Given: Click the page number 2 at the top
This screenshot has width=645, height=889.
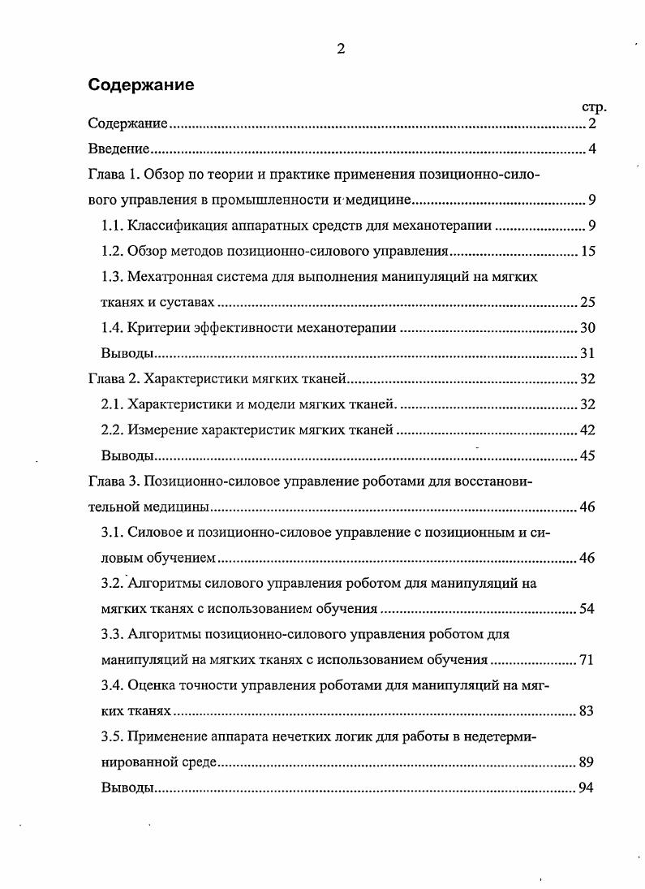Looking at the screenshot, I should click(x=341, y=49).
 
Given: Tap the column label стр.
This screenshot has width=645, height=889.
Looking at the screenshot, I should click(x=595, y=107).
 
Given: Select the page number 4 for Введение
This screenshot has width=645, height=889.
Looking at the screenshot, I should click(x=592, y=149).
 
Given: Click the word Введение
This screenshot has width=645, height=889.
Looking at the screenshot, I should click(x=118, y=149).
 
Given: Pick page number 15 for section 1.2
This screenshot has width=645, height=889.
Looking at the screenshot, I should click(x=588, y=251).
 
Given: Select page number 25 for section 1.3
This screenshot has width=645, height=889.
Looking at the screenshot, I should click(x=588, y=302).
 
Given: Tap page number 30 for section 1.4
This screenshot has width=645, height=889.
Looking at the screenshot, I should click(x=588, y=328).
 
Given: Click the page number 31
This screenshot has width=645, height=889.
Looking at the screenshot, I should click(x=588, y=353).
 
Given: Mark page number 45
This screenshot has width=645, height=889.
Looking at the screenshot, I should click(x=588, y=455).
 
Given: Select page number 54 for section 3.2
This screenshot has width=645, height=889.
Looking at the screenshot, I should click(x=588, y=609).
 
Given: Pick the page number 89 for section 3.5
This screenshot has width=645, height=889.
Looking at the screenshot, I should click(x=588, y=762).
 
